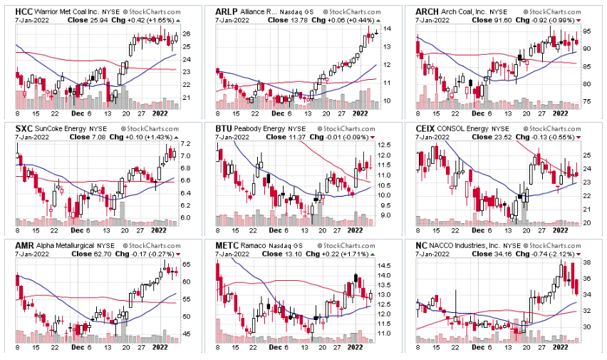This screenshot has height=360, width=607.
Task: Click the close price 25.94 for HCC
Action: pos(84,21)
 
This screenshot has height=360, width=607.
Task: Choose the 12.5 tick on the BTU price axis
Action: pos(385,145)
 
